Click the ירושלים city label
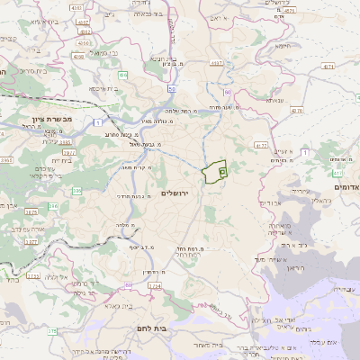(x=176, y=193)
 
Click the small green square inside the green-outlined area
(x=222, y=169)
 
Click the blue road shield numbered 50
(x=171, y=89)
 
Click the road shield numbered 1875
(x=32, y=212)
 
